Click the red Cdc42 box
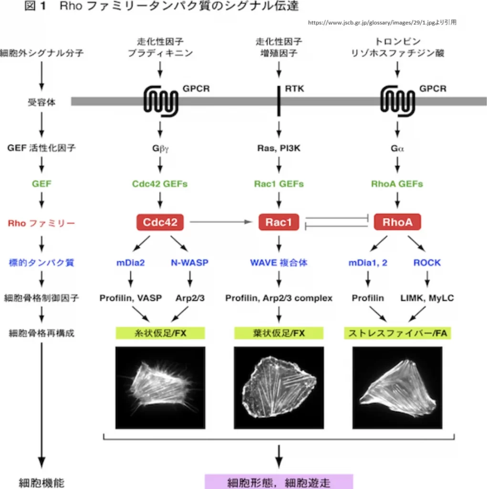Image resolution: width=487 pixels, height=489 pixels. pyautogui.click(x=160, y=222)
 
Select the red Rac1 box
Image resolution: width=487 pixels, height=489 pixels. pyautogui.click(x=279, y=222)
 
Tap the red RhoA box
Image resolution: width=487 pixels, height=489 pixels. pyautogui.click(x=397, y=222)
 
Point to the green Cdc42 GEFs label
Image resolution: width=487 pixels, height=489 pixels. pyautogui.click(x=160, y=184)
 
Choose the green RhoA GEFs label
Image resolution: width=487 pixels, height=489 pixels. pyautogui.click(x=397, y=184)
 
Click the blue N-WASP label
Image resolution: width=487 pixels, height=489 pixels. pyautogui.click(x=189, y=262)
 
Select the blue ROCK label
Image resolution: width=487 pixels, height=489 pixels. pyautogui.click(x=427, y=262)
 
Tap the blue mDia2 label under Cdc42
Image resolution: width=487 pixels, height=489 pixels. pyautogui.click(x=130, y=262)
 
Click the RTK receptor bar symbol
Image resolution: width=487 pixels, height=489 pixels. pyautogui.click(x=279, y=101)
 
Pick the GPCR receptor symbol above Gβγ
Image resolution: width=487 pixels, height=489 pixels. pyautogui.click(x=161, y=101)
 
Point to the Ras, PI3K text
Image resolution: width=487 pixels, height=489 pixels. pyautogui.click(x=279, y=149)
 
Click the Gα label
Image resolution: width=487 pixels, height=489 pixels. pyautogui.click(x=397, y=149)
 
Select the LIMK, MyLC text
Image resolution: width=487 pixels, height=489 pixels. pyautogui.click(x=427, y=298)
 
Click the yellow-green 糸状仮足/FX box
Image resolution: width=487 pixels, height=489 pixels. pyautogui.click(x=160, y=333)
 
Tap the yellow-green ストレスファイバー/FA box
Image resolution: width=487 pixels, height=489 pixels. pyautogui.click(x=397, y=333)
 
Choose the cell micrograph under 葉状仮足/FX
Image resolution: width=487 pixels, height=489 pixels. pyautogui.click(x=279, y=387)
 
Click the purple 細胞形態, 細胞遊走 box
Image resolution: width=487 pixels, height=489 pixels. pyautogui.click(x=279, y=481)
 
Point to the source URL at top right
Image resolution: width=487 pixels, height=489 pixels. pyautogui.click(x=382, y=22)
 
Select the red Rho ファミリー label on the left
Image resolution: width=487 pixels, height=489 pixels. pyautogui.click(x=41, y=223)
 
